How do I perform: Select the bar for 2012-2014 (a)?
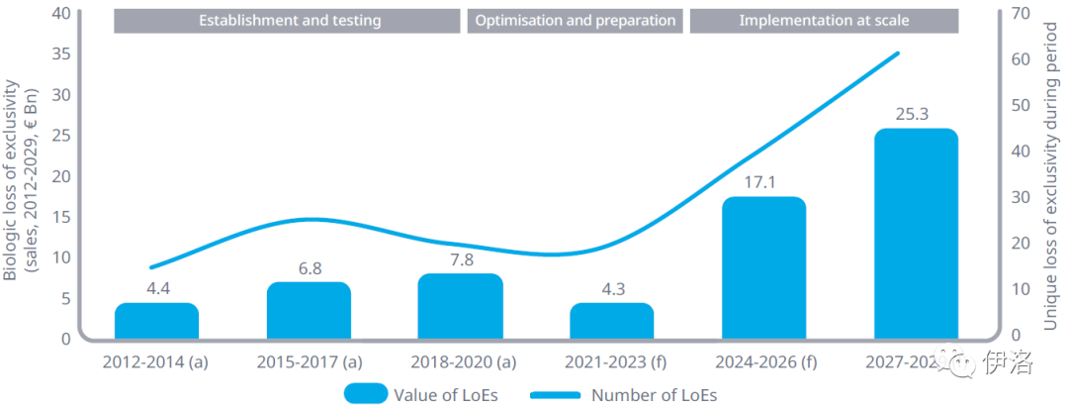click(156, 321)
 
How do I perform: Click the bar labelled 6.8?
click(309, 311)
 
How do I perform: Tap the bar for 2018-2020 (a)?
click(460, 307)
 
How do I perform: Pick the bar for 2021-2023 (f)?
click(611, 321)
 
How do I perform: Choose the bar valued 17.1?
click(763, 268)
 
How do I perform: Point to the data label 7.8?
click(460, 259)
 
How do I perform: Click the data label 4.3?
click(611, 289)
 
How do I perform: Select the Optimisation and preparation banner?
click(577, 21)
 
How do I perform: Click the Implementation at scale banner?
click(824, 21)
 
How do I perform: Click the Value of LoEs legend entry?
click(420, 394)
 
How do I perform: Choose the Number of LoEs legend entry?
click(623, 394)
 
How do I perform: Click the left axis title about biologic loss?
click(22, 181)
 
